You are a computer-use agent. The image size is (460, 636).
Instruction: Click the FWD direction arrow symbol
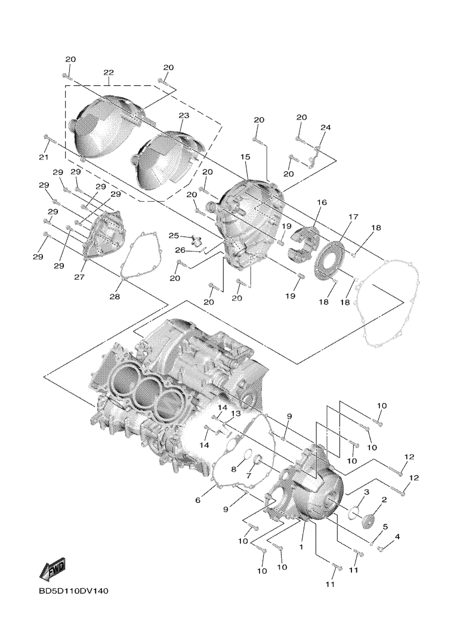52,569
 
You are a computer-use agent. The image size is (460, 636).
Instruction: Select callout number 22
108,72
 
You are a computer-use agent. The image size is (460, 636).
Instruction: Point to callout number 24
325,128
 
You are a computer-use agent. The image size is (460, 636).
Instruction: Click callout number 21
42,156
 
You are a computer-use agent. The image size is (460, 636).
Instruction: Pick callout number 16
322,203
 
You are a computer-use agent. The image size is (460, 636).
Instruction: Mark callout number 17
353,216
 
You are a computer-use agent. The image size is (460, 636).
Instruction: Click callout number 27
80,277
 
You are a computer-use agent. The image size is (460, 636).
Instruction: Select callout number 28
115,297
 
